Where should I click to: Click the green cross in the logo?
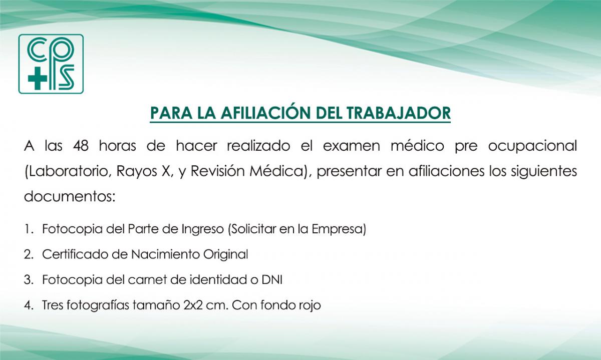coord(38,78)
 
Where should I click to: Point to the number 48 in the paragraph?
coord(81,146)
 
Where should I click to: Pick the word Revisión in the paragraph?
coord(217,171)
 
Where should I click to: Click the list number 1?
coord(28,229)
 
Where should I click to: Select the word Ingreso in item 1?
coord(203,229)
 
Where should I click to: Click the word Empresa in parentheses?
coord(339,229)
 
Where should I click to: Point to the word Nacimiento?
coord(165,254)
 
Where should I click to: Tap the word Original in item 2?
coord(225,254)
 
